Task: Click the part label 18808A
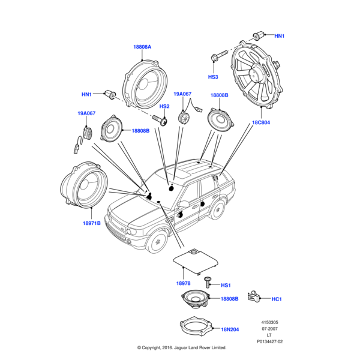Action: point(142,46)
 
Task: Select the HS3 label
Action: point(214,77)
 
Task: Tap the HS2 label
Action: point(164,106)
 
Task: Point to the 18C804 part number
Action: point(262,122)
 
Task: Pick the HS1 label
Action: point(226,285)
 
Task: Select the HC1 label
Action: point(277,299)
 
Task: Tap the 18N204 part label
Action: point(230,330)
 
